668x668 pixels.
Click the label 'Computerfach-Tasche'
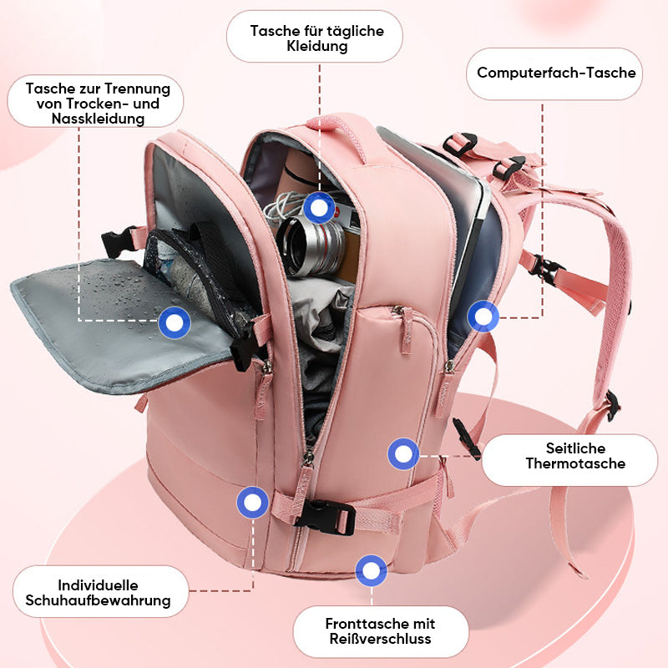[x=556, y=73]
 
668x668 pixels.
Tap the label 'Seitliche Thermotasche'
[x=575, y=455]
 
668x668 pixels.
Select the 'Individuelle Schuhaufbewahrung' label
[x=99, y=593]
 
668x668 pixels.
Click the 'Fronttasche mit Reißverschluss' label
[x=380, y=631]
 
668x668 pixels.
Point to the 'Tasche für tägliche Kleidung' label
[x=316, y=38]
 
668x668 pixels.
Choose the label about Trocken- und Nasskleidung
[x=98, y=104]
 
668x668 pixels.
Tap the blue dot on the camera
[x=316, y=207]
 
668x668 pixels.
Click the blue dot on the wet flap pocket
[x=175, y=321]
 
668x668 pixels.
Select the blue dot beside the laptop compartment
[x=483, y=316]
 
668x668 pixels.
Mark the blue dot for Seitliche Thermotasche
[x=404, y=454]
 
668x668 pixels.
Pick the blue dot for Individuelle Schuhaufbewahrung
[x=253, y=503]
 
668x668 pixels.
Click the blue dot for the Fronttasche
[x=371, y=571]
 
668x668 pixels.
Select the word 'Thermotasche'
[x=575, y=463]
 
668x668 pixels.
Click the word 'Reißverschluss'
[x=380, y=640]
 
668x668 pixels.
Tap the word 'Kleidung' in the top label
[x=316, y=47]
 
